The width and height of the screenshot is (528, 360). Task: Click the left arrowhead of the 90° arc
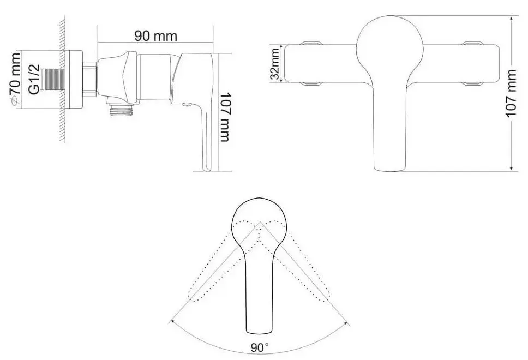tap(173, 322)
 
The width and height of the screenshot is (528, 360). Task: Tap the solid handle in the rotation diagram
tap(260, 284)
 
